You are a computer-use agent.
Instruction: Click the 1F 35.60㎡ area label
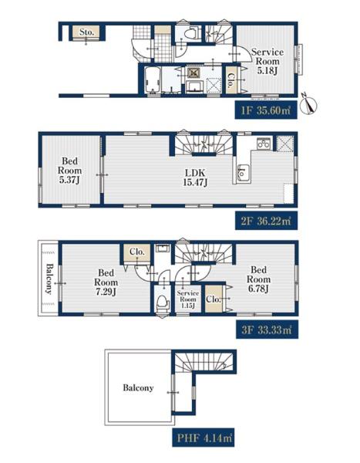(266, 110)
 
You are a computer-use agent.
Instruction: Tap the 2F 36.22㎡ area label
(266, 221)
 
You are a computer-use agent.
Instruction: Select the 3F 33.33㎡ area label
(267, 330)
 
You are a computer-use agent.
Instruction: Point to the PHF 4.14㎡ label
(204, 438)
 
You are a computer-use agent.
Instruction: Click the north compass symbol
(308, 104)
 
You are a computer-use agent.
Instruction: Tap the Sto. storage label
(87, 32)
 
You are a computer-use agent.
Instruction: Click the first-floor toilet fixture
(190, 32)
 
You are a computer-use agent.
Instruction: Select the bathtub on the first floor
(153, 79)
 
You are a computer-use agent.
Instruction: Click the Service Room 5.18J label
(267, 62)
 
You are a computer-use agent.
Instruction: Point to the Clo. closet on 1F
(231, 80)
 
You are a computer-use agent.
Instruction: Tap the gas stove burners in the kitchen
(263, 144)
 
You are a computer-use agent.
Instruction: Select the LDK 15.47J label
(195, 177)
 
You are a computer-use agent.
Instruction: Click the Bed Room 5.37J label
(69, 171)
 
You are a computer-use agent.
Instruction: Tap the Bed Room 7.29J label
(106, 282)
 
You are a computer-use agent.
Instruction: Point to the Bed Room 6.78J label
(258, 279)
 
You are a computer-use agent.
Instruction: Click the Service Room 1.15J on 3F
(188, 299)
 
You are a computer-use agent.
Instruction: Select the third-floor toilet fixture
(163, 302)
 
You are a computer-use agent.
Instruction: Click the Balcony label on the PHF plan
(139, 387)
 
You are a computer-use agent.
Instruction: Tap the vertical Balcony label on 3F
(49, 279)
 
